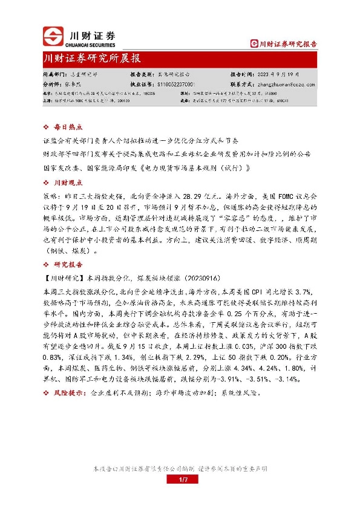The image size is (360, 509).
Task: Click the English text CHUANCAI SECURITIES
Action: [94, 44]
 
